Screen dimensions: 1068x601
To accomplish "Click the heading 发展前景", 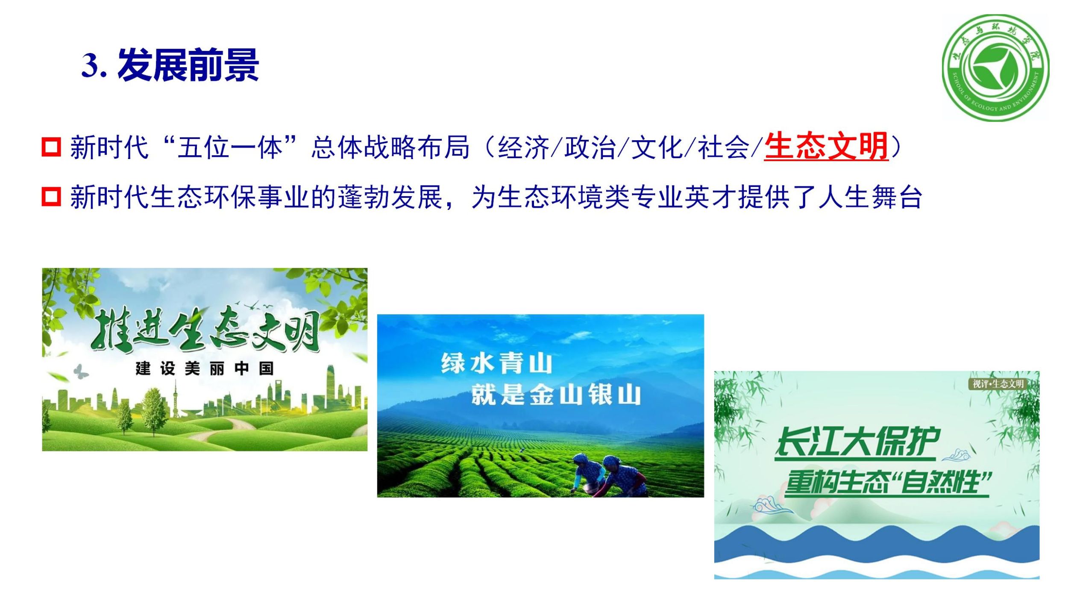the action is [x=188, y=65].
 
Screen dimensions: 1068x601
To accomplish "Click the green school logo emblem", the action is [x=996, y=68].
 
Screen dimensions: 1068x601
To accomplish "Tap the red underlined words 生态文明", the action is [x=826, y=147].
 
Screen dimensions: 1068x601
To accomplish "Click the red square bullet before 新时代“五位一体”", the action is [x=51, y=147].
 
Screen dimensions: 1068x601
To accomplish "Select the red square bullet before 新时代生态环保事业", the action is [x=51, y=197].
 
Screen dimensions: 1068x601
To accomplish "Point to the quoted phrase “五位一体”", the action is [x=229, y=147].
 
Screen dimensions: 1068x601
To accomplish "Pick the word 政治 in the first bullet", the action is [x=590, y=147].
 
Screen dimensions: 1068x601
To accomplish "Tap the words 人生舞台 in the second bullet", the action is [x=870, y=197].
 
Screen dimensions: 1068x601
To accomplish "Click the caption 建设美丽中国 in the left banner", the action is [x=205, y=368].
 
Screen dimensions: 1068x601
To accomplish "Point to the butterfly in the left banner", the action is [x=80, y=371].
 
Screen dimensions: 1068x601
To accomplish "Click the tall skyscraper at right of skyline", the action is [x=331, y=386].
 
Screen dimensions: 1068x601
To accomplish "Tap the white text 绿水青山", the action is [x=497, y=363].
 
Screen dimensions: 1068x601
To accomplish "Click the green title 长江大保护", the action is [x=857, y=442].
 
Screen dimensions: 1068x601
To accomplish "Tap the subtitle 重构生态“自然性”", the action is [x=887, y=483].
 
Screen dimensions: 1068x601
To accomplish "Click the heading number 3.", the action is [x=94, y=65].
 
